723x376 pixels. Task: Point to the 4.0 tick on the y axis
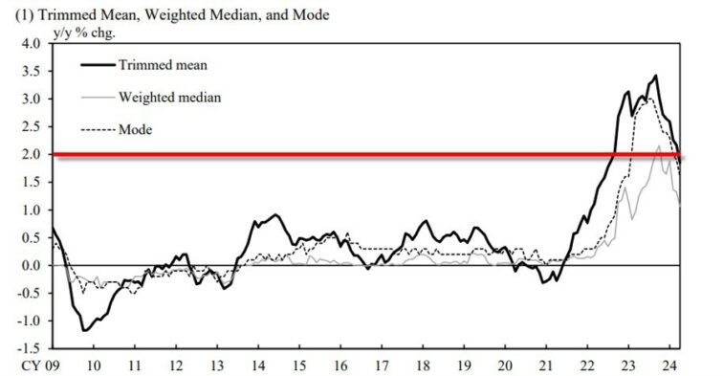[x=29, y=43]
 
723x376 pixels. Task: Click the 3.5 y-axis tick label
[x=29, y=71]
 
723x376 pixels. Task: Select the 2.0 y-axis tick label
[x=29, y=154]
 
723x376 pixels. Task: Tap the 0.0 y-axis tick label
[x=29, y=265]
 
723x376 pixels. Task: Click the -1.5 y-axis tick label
[x=26, y=348]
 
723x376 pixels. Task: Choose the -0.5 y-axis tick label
[x=26, y=293]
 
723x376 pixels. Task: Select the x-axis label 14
[x=258, y=365]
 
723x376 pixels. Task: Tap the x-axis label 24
[x=675, y=365]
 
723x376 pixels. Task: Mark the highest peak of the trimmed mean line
[x=655, y=76]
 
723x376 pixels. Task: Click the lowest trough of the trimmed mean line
[x=85, y=330]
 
